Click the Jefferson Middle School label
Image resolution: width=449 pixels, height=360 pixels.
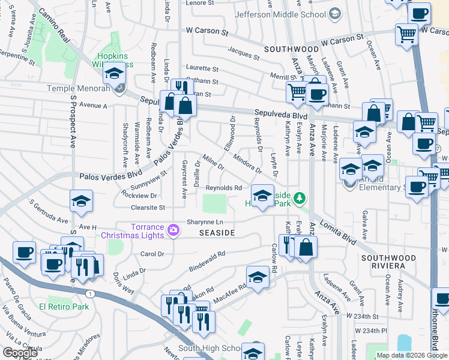281,14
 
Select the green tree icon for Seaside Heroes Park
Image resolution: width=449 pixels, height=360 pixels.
300,197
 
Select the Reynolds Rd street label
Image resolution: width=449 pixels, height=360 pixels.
223,188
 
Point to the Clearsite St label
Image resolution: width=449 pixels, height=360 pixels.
148,208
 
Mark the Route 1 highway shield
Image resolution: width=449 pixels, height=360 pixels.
89,293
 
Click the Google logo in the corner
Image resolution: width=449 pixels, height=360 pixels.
20,353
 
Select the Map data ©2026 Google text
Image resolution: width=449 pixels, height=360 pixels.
412,356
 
